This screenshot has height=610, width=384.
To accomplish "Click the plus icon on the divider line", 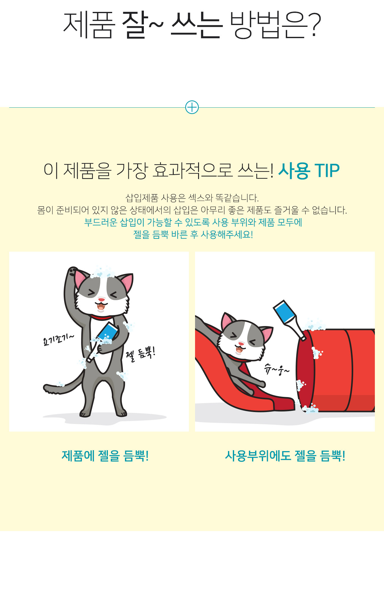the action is pyautogui.click(x=192, y=107).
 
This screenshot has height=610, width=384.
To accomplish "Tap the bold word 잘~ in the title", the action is pyautogui.click(x=143, y=25).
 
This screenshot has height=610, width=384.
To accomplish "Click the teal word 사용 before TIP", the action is pyautogui.click(x=294, y=170).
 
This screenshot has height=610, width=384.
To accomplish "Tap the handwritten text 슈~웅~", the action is pyautogui.click(x=277, y=370).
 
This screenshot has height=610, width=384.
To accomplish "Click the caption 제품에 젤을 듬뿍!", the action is pyautogui.click(x=105, y=456).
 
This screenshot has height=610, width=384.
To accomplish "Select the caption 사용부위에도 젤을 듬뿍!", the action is pyautogui.click(x=285, y=456).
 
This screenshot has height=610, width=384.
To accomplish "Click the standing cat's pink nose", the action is pyautogui.click(x=101, y=300).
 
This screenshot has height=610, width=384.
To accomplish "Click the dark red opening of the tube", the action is pyautogui.click(x=305, y=371).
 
